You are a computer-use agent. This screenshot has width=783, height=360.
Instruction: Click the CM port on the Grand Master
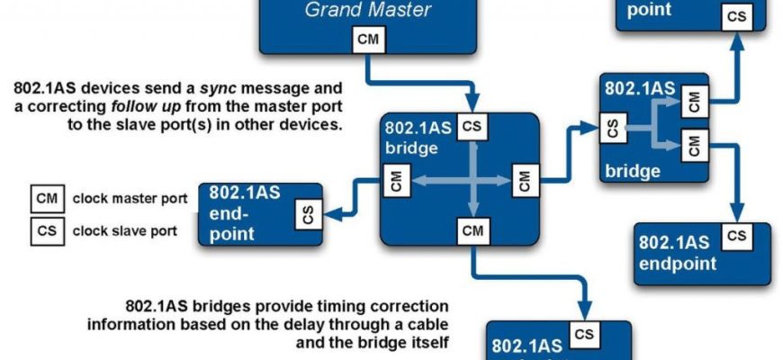click(x=367, y=40)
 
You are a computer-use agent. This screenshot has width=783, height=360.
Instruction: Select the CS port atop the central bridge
click(x=472, y=127)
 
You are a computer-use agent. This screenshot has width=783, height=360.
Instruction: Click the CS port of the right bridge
click(x=613, y=129)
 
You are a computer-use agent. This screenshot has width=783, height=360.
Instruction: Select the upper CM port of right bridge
click(x=692, y=101)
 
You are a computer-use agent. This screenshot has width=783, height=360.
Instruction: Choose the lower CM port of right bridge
click(x=692, y=145)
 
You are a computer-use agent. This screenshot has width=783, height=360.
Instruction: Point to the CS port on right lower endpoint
click(x=736, y=236)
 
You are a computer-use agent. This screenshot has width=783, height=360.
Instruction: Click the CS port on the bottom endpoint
click(x=585, y=335)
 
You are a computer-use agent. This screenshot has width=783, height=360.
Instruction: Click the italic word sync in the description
click(x=221, y=89)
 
